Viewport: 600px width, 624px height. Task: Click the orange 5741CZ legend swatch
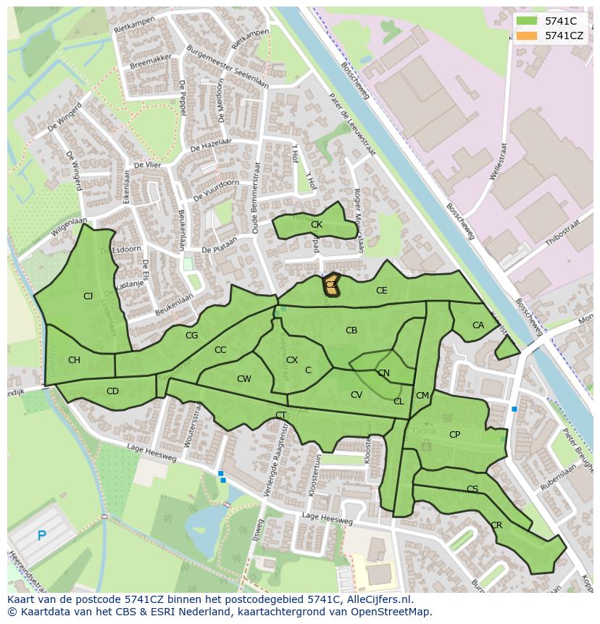pyautogui.click(x=527, y=35)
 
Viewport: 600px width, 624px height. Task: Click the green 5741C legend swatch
pyautogui.click(x=527, y=21)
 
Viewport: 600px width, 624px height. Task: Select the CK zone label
pyautogui.click(x=316, y=225)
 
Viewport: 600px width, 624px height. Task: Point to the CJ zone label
pyautogui.click(x=88, y=296)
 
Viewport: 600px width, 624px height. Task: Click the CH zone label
pyautogui.click(x=74, y=360)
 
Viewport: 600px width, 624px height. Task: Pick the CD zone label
pyautogui.click(x=112, y=391)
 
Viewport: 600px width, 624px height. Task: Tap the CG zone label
pyautogui.click(x=191, y=336)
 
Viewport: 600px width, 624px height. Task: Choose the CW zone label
pyautogui.click(x=243, y=379)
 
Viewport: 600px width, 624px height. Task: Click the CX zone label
pyautogui.click(x=291, y=360)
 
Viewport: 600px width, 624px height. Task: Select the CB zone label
pyautogui.click(x=351, y=330)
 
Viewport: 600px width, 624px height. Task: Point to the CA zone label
pyautogui.click(x=478, y=325)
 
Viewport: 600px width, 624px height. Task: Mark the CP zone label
pyautogui.click(x=454, y=435)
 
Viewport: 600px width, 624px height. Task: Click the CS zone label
pyautogui.click(x=472, y=489)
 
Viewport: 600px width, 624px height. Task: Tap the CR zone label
pyautogui.click(x=496, y=525)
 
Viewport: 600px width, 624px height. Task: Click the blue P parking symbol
pyautogui.click(x=41, y=536)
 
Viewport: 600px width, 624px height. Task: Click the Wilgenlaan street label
pyautogui.click(x=69, y=227)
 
